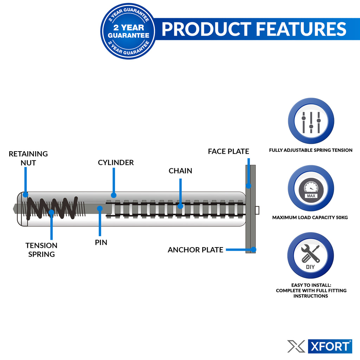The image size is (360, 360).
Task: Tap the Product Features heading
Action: click(253, 29)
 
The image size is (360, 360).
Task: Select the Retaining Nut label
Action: click(28, 158)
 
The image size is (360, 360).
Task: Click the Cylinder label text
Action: click(116, 162)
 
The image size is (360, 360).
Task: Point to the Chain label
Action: click(180, 171)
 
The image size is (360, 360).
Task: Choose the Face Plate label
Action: click(228, 152)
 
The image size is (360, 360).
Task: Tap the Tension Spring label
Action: click(41, 250)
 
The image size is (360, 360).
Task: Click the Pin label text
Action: click(101, 242)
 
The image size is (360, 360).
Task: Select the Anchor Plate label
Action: click(195, 250)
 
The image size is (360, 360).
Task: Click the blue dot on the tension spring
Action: click(51, 212)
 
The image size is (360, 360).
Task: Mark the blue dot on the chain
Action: click(180, 206)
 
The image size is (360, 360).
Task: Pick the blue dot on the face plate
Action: click(248, 185)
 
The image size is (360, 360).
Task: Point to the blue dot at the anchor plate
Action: click(253, 250)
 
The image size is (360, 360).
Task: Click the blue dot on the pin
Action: click(100, 208)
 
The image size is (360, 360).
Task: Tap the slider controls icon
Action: click(311, 121)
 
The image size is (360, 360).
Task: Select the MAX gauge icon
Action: click(311, 188)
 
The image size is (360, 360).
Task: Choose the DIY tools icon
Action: click(310, 256)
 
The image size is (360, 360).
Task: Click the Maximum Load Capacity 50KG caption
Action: click(310, 218)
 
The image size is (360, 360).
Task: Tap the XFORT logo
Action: click(320, 346)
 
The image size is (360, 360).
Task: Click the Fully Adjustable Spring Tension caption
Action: click(310, 150)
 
